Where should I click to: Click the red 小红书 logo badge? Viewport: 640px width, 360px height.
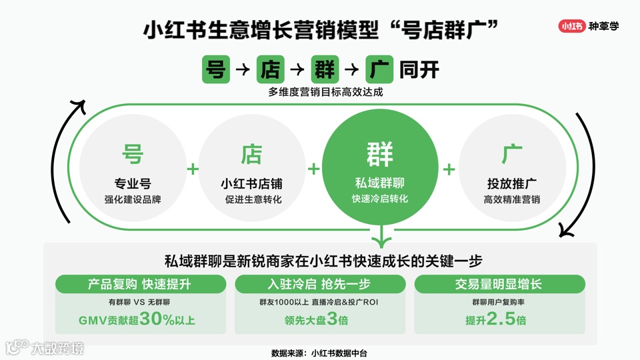[x=572, y=27]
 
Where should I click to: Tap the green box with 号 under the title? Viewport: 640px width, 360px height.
[x=216, y=69]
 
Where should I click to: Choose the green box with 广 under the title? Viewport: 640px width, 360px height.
[x=379, y=69]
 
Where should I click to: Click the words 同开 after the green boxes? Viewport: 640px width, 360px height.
[x=419, y=69]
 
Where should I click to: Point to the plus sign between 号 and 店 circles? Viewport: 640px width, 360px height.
[x=193, y=169]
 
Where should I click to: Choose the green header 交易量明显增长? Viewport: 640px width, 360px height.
[x=498, y=285]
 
